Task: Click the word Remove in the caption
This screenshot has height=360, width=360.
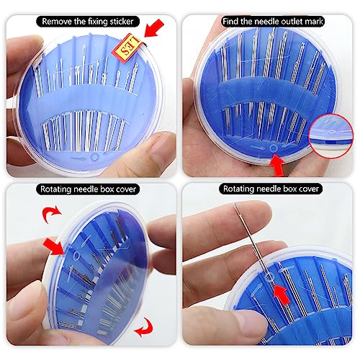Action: [x=60, y=9]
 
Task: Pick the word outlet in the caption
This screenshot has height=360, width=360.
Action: [x=285, y=9]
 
